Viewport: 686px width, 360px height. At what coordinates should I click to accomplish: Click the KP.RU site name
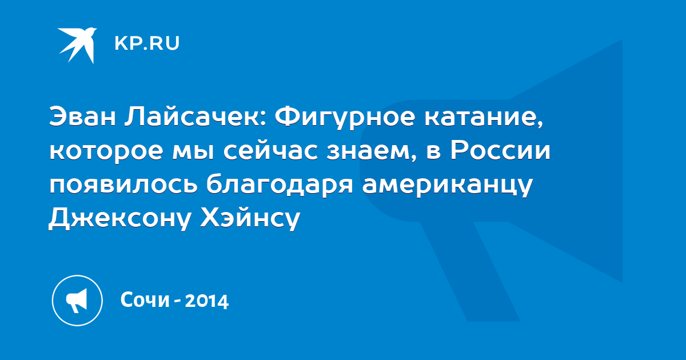click(x=147, y=43)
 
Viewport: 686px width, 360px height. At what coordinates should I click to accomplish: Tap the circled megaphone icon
click(x=77, y=301)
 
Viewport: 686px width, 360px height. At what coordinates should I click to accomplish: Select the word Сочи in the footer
click(x=145, y=299)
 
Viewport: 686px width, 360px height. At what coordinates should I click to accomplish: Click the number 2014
click(x=207, y=301)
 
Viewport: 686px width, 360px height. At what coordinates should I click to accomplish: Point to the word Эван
click(x=82, y=117)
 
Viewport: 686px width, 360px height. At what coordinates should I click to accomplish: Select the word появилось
click(x=123, y=184)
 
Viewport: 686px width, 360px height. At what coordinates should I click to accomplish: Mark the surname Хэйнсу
click(x=250, y=218)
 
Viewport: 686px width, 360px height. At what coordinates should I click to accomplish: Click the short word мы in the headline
click(x=193, y=152)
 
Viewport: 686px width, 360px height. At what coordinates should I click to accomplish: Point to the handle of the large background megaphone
click(x=470, y=271)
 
